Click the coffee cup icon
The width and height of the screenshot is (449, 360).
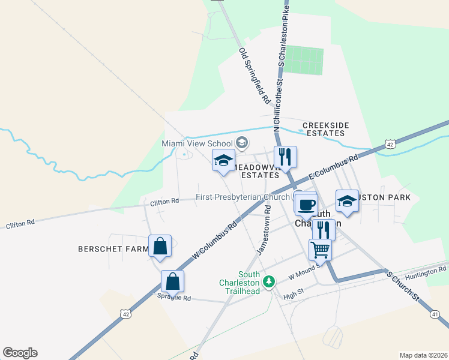(306, 203)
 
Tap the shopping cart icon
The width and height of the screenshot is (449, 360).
(320, 249)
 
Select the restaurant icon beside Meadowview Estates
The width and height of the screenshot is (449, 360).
(285, 157)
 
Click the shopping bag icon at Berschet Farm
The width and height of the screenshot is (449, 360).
(160, 246)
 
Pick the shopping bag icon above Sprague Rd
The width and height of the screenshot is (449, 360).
(172, 281)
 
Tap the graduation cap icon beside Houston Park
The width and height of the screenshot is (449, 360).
(347, 202)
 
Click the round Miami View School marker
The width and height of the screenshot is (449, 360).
(243, 143)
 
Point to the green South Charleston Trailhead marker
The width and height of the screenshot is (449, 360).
(270, 281)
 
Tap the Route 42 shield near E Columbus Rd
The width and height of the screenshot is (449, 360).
(390, 144)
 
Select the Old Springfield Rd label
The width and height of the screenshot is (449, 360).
(255, 76)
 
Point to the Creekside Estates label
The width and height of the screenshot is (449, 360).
(325, 129)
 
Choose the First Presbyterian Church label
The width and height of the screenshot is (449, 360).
(243, 197)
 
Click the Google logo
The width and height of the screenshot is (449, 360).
(20, 353)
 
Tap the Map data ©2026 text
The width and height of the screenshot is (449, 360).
(423, 355)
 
